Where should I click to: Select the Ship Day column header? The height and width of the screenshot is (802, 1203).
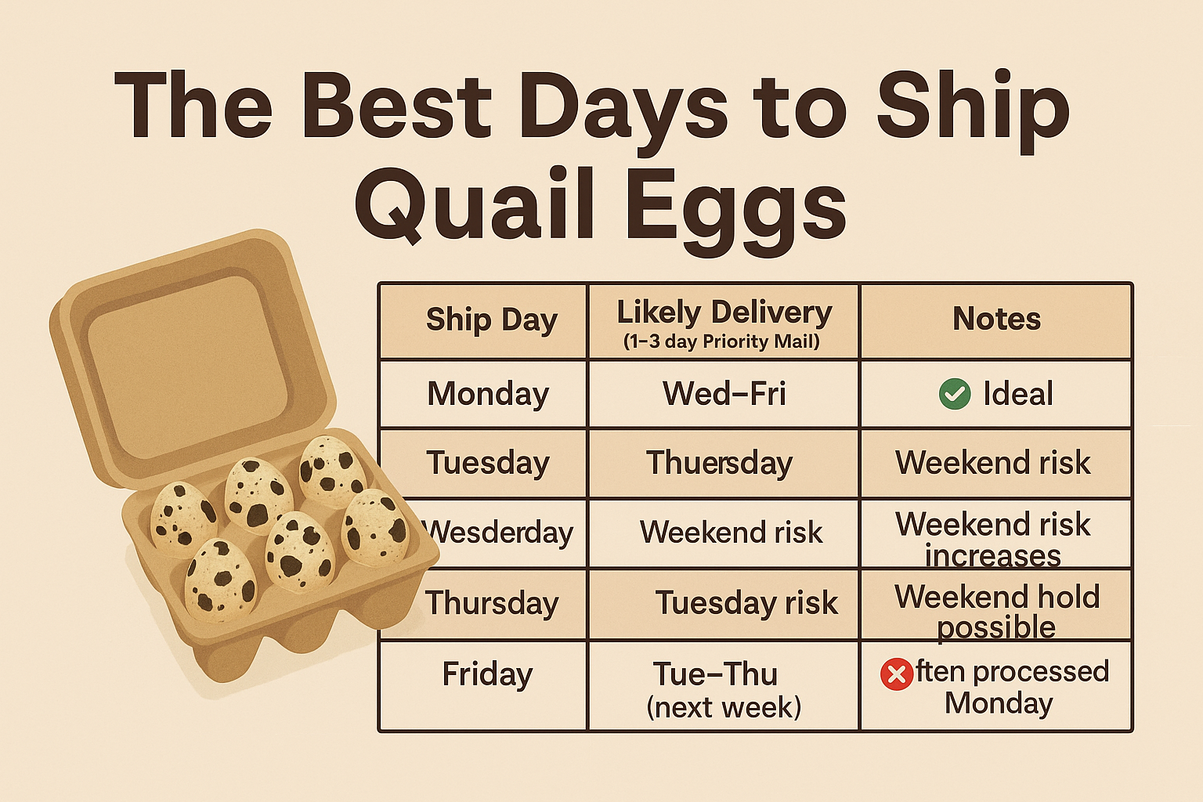(x=491, y=320)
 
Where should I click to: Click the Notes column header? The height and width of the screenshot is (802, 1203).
(x=996, y=319)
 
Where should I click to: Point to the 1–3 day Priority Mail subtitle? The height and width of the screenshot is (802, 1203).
(x=722, y=341)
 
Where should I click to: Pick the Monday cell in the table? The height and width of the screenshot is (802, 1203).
(x=488, y=395)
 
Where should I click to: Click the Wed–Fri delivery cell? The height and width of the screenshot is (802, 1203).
(x=724, y=394)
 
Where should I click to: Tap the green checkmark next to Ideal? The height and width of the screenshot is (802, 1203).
(x=955, y=394)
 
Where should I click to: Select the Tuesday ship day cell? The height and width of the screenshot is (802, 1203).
(x=488, y=464)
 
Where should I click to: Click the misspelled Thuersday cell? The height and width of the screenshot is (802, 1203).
(x=719, y=464)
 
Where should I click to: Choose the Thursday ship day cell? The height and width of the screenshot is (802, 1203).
(x=492, y=603)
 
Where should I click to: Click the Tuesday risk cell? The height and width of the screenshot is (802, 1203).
(x=746, y=603)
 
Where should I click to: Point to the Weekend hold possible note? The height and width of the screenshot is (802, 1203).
(x=997, y=612)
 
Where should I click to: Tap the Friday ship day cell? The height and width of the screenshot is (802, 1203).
(x=487, y=674)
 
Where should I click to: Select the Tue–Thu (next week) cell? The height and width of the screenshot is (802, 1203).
(x=724, y=690)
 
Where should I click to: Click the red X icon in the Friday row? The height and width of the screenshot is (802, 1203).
(x=897, y=674)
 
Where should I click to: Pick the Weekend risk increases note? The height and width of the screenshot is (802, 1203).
(x=992, y=539)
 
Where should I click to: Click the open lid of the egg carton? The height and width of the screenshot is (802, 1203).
(x=192, y=358)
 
